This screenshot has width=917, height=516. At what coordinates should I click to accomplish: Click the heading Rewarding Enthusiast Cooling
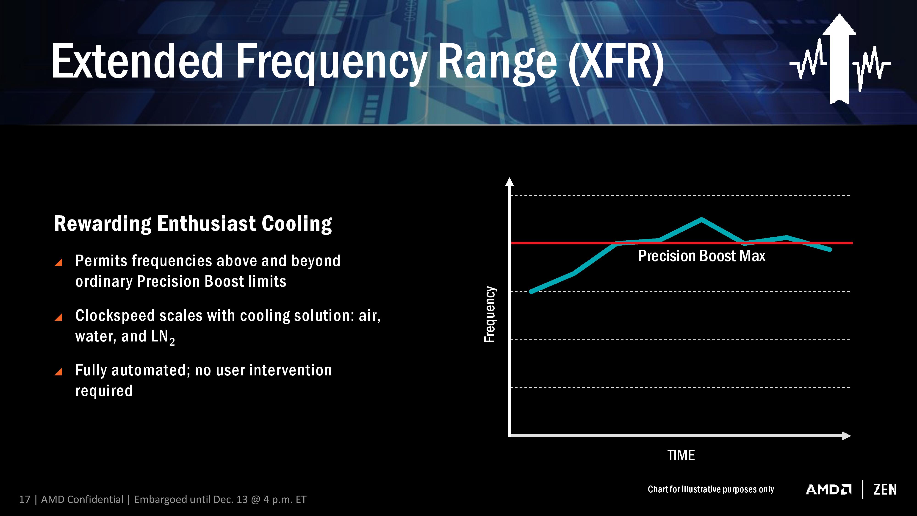click(193, 224)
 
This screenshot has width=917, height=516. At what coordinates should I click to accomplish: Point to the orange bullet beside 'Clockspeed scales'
click(59, 317)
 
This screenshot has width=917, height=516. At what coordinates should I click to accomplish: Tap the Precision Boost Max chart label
click(701, 256)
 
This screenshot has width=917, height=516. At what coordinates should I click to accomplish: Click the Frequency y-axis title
click(490, 314)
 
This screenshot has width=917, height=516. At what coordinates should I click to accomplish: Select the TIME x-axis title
click(681, 455)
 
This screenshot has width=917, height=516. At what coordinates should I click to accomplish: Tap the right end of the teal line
click(830, 250)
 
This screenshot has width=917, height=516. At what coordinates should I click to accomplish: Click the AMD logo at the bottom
click(828, 490)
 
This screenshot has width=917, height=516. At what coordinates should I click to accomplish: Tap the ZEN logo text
click(885, 490)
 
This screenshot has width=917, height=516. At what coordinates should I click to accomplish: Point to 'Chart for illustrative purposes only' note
click(711, 489)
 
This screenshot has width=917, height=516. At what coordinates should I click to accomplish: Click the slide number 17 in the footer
click(25, 500)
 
